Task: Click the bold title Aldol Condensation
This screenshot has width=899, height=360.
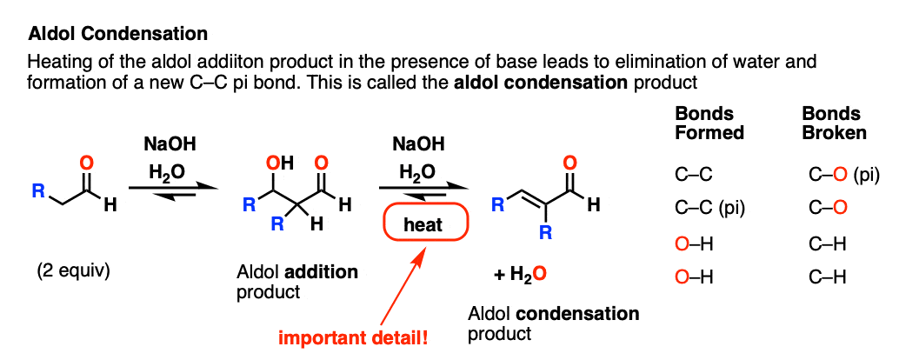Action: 117,35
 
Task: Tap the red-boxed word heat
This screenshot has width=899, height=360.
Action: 423,224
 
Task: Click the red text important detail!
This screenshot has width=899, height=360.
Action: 353,337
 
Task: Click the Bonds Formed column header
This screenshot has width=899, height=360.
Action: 709,123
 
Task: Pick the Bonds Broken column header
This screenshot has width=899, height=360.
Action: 834,123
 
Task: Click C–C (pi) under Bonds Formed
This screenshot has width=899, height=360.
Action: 709,210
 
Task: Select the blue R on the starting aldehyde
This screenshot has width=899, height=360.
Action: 38,191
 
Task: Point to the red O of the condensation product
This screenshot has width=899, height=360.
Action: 569,164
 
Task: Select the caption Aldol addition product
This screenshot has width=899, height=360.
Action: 297,282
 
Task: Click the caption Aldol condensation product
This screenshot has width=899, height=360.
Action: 553,323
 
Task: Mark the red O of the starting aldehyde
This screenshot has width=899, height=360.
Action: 87,164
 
